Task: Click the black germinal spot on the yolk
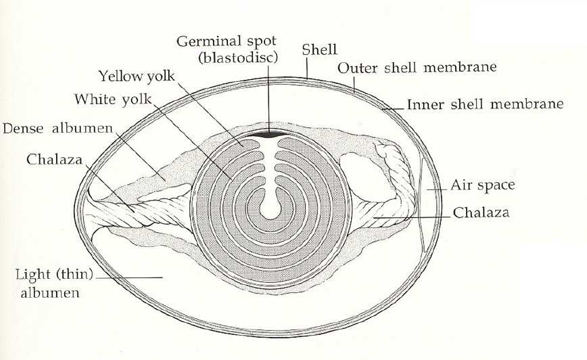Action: tap(269, 135)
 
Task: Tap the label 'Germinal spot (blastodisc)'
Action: tap(227, 49)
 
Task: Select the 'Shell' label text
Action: tap(319, 49)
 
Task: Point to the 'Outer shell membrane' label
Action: tap(417, 68)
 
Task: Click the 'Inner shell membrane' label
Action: tap(485, 104)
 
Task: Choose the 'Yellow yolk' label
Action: tap(137, 76)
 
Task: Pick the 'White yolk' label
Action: tap(113, 99)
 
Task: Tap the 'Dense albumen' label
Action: tap(57, 129)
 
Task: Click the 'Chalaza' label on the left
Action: tap(54, 159)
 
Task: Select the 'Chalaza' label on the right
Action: tap(481, 212)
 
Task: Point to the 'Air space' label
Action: tap(483, 185)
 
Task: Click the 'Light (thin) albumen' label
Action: tap(54, 284)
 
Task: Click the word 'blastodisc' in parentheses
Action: tap(238, 58)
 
